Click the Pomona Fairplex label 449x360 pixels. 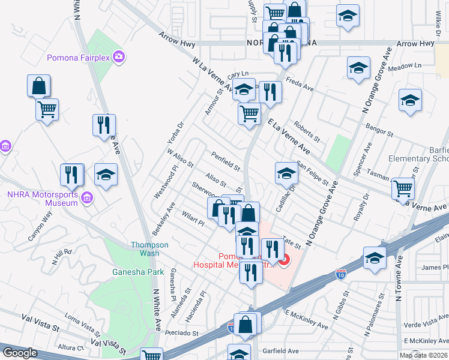point(80,58)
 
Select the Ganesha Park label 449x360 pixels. point(138,272)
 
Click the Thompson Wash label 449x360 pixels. point(145,248)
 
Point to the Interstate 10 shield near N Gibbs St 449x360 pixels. point(340,275)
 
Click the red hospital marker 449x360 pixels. point(283,260)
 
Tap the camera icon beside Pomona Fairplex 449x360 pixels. point(119,57)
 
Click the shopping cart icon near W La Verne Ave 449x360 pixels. point(249,112)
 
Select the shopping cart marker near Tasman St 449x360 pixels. point(403,188)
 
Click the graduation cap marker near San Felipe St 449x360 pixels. point(287,173)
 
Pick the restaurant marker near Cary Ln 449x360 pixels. point(270,92)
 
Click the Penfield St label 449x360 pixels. point(226,160)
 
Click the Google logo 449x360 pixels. point(20,353)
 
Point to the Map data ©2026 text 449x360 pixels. point(424,355)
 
